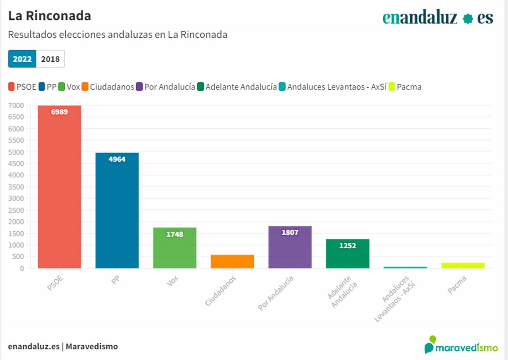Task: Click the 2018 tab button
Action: pos(50,59)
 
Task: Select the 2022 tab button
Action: pos(22,59)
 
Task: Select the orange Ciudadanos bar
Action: pos(232,261)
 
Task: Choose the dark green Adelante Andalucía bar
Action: pos(347,253)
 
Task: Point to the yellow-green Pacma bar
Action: pos(462,265)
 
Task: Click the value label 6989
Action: pos(59,112)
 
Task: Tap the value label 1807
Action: pos(290,232)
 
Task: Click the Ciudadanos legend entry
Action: pos(108,87)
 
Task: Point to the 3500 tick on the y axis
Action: pos(17,187)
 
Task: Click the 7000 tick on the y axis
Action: pos(17,105)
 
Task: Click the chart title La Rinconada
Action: pos(50,16)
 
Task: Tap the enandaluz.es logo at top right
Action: pos(438,18)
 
